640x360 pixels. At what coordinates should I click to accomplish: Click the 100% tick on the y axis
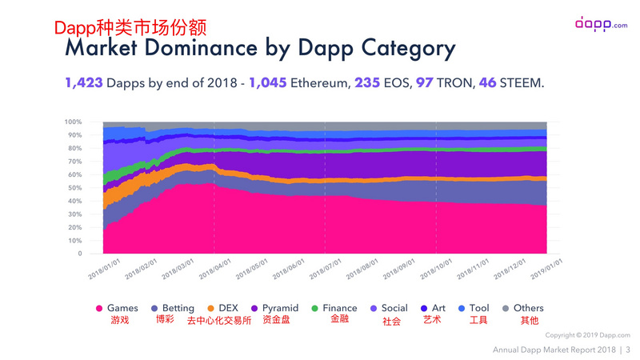pos(73,122)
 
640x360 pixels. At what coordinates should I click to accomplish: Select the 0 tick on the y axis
pos(79,254)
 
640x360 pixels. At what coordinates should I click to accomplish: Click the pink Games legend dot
pos(99,308)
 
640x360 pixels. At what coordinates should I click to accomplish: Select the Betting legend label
pos(178,308)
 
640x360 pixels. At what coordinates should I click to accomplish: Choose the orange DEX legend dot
pos(210,308)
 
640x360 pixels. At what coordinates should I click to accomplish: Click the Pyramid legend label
pos(280,308)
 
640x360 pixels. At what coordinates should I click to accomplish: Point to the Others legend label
pos(529,308)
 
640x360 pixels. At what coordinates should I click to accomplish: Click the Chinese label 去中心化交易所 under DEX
pos(219,321)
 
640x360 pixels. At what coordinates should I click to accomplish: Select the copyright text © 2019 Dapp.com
pos(588,334)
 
